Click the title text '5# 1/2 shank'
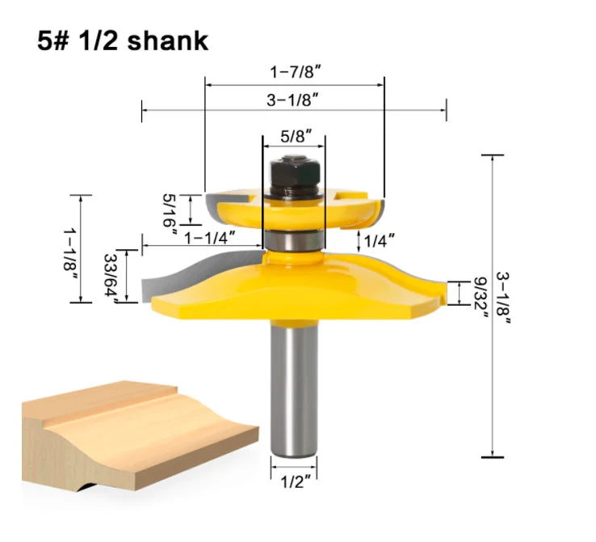pyautogui.click(x=123, y=40)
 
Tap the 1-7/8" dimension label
pyautogui.click(x=294, y=71)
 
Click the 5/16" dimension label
pyautogui.click(x=170, y=213)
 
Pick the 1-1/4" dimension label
pyautogui.click(x=209, y=238)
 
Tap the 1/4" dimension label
pyautogui.click(x=379, y=240)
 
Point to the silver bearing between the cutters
pyautogui.click(x=294, y=240)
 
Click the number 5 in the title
pyautogui.click(x=44, y=40)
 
